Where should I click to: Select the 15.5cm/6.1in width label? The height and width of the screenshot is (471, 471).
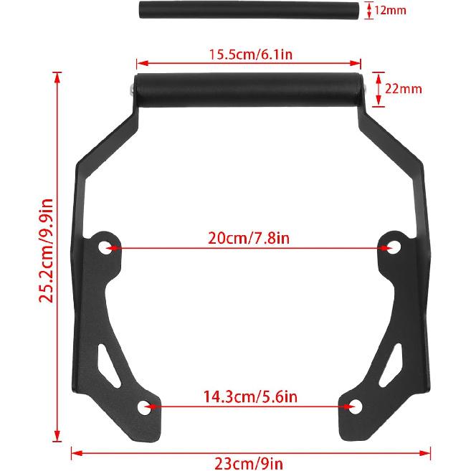click(x=250, y=53)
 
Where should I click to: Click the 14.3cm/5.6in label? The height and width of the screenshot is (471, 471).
click(x=250, y=396)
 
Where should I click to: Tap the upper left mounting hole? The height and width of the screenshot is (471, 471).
click(x=106, y=247)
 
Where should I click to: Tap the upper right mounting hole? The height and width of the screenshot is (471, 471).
click(x=392, y=247)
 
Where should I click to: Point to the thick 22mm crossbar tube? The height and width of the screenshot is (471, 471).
click(x=250, y=92)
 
